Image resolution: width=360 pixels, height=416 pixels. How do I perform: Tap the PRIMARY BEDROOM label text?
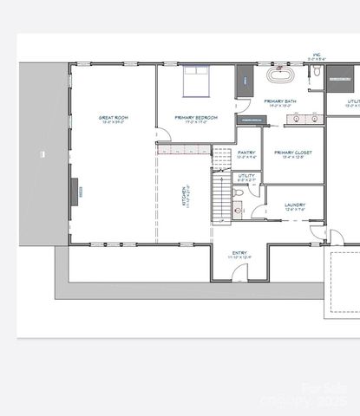tap(195, 117)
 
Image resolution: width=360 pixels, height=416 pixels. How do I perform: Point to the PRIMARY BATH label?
tap(280, 101)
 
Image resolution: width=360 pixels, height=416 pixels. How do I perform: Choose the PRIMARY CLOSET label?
tap(292, 152)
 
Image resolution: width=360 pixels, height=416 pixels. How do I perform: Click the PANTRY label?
tap(246, 152)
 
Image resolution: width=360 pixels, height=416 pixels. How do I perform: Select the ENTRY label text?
tap(239, 253)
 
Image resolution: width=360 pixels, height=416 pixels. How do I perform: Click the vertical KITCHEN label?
tap(184, 196)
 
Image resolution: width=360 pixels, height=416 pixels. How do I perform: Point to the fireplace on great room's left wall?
tap(75, 188)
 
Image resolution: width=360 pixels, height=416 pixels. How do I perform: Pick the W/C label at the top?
tap(317, 55)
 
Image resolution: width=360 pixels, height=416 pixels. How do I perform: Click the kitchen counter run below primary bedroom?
tap(184, 149)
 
